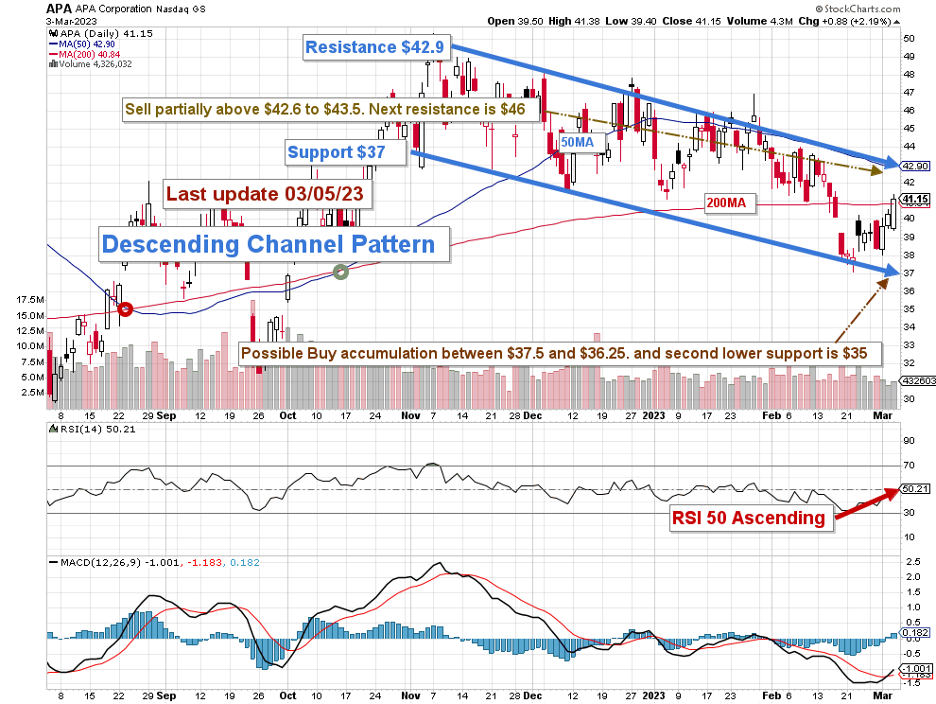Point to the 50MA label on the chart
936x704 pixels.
point(577,141)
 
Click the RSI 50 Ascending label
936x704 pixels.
point(749,518)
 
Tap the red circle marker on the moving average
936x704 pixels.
point(125,308)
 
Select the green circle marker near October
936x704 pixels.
point(341,272)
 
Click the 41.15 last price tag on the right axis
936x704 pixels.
point(914,200)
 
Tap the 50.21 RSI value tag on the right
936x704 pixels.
point(914,489)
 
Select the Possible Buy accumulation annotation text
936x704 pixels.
point(560,354)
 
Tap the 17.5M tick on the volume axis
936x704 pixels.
point(30,299)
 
